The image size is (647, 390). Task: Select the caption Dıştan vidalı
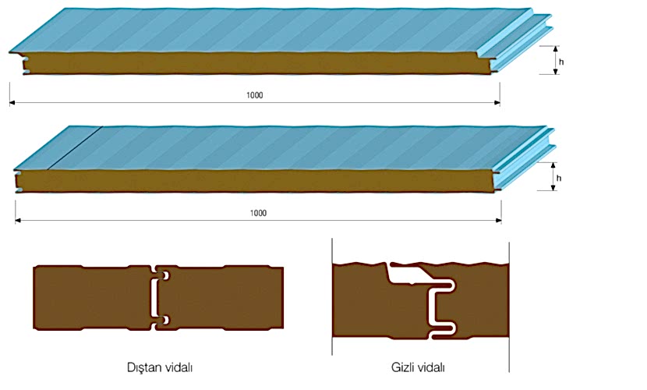[159, 366]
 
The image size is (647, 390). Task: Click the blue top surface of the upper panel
[273, 31]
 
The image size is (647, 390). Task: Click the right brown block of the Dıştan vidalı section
[226, 297]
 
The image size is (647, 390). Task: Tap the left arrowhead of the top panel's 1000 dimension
[13, 102]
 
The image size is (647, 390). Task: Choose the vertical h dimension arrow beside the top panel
[556, 59]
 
